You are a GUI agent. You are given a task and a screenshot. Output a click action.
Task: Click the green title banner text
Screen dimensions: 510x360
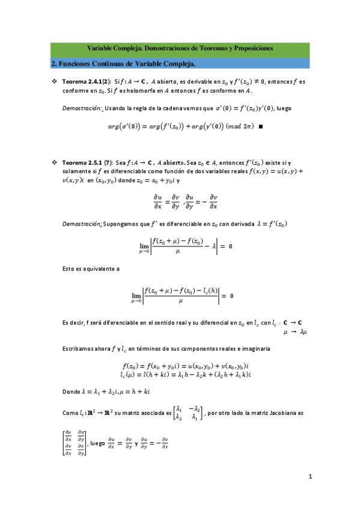click(180, 47)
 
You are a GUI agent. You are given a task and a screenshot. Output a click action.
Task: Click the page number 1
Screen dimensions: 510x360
click(310, 477)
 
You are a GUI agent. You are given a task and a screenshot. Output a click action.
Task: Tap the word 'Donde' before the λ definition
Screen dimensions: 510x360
click(72, 392)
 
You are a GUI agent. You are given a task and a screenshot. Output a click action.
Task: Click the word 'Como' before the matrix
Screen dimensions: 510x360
click(70, 414)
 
